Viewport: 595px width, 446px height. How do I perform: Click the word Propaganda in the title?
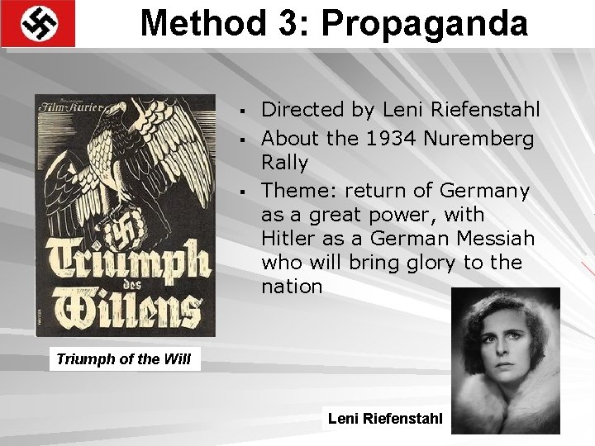425,23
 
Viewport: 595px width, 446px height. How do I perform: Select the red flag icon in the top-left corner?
38,23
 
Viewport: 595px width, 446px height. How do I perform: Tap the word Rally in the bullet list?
284,162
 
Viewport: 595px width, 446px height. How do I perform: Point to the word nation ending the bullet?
291,287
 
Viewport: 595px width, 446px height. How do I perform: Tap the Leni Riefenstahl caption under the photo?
386,419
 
